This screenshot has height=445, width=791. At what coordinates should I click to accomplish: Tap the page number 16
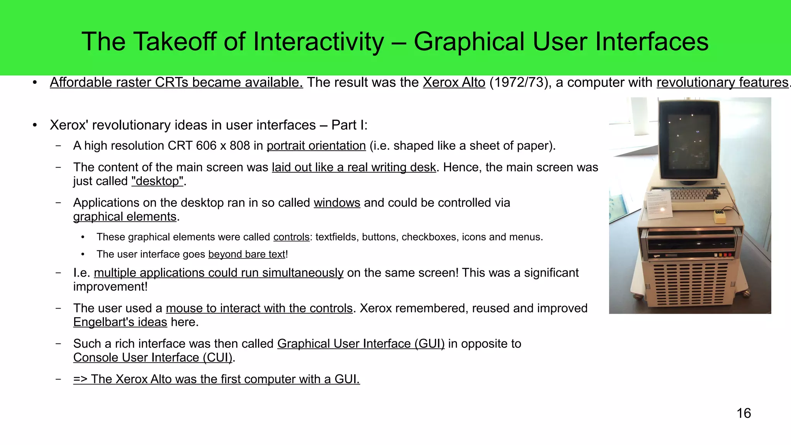tap(743, 413)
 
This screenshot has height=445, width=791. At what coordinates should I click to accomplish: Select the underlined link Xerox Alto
tap(454, 83)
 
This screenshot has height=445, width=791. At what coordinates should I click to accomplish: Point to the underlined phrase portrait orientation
tap(316, 146)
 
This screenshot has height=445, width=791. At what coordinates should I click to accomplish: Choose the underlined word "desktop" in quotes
tap(157, 181)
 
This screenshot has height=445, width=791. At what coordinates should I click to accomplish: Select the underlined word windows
tap(337, 203)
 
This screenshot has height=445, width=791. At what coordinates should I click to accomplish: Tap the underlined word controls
tap(291, 237)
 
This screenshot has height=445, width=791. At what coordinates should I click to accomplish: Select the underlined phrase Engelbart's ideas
tap(120, 322)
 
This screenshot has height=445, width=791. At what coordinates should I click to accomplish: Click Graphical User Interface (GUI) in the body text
tap(361, 344)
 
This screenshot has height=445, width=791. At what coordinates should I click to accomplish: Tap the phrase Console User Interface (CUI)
tap(153, 358)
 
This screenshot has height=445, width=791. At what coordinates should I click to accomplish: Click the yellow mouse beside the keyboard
tap(719, 217)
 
